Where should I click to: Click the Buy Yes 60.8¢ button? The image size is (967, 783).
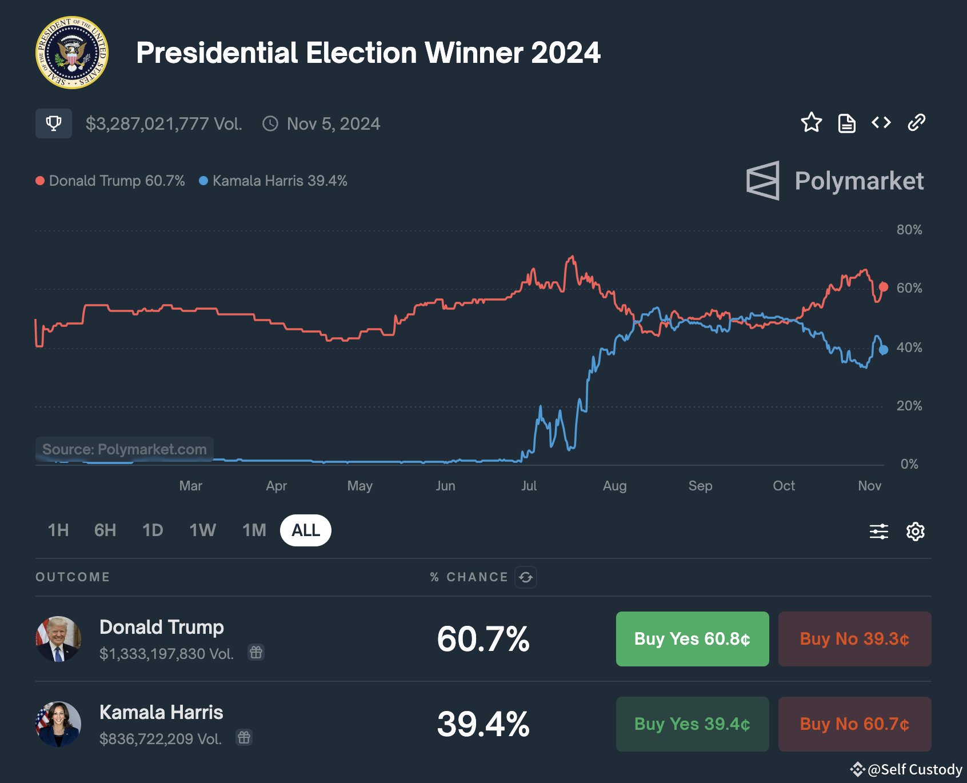[692, 639]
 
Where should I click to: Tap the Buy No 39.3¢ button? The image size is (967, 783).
[854, 639]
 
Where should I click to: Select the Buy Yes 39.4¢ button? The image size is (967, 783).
[692, 724]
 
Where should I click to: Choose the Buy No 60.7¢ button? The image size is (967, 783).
[854, 724]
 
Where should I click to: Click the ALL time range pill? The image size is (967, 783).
[306, 530]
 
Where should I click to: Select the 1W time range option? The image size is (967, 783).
[202, 530]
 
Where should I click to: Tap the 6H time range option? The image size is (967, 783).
[105, 530]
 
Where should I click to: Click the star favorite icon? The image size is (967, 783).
[811, 123]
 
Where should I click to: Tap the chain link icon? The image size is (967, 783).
[916, 123]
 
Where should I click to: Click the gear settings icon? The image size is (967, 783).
[916, 532]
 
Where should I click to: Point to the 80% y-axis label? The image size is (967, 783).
[909, 230]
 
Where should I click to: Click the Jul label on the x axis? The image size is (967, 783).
[529, 486]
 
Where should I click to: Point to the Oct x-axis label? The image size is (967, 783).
[784, 486]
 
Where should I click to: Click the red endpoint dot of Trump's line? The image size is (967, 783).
[884, 287]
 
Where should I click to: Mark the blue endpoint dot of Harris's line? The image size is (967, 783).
[884, 350]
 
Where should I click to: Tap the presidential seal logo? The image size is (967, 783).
[72, 53]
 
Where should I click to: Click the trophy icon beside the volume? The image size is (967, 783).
[54, 123]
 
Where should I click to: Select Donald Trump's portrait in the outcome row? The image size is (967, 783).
[58, 639]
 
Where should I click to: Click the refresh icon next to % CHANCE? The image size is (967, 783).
[526, 577]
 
